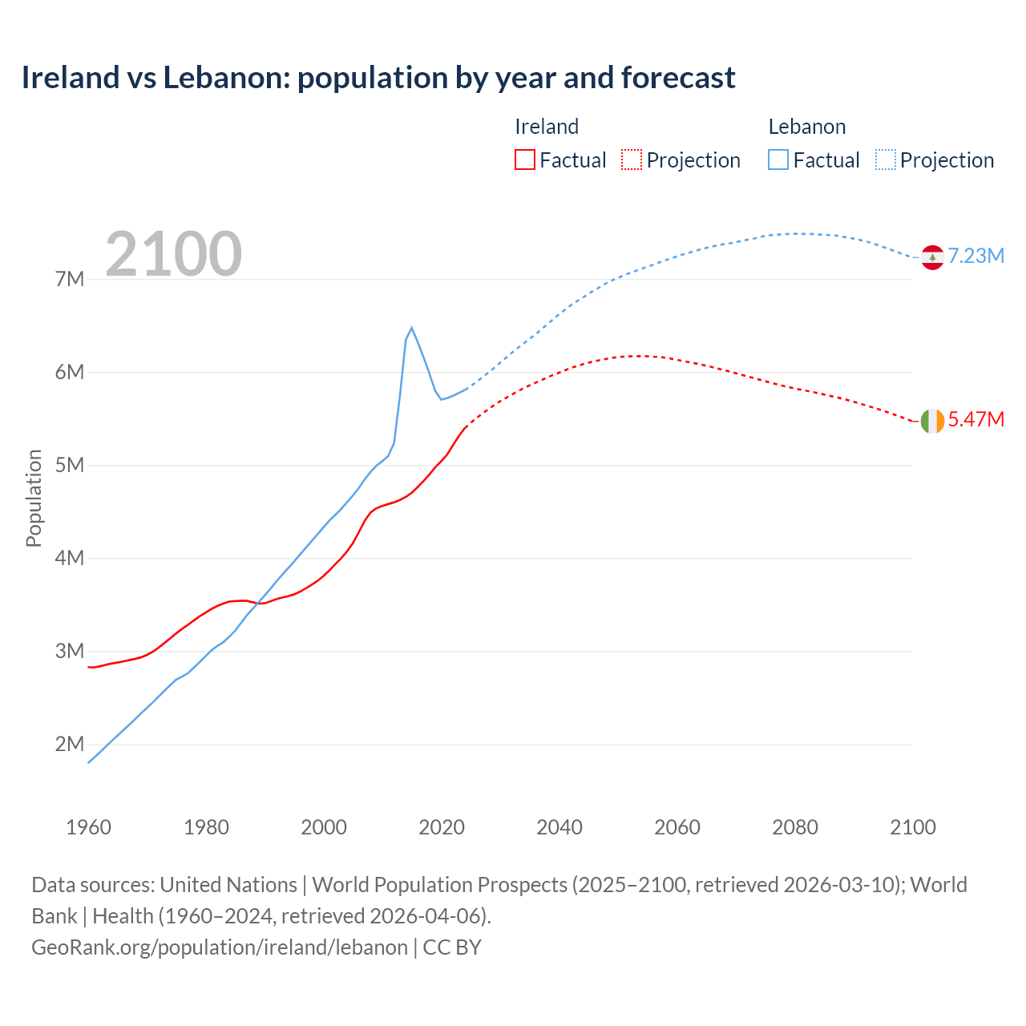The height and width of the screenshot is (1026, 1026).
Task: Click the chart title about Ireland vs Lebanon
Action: click(378, 78)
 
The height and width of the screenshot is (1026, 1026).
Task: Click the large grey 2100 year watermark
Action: click(173, 254)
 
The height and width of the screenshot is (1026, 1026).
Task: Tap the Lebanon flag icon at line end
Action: click(931, 257)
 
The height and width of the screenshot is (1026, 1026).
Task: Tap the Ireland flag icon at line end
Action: click(931, 421)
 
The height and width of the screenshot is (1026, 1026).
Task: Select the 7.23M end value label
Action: click(976, 256)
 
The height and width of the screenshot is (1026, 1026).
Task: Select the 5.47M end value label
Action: click(976, 420)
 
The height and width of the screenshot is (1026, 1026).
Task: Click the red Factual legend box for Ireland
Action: click(524, 160)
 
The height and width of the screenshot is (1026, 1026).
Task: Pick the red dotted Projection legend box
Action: click(632, 160)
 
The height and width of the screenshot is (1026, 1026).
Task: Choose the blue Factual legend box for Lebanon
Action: click(778, 160)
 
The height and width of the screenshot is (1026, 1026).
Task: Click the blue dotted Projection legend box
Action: click(885, 160)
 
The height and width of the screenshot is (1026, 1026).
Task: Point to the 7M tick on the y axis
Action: click(70, 280)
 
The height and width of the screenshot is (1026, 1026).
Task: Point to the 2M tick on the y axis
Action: click(70, 745)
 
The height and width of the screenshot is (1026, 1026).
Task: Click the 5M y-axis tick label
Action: click(70, 466)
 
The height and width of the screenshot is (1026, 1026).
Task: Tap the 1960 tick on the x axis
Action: click(88, 828)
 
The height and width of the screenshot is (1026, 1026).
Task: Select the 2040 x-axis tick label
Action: click(559, 828)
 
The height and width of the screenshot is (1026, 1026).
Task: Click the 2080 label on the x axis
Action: click(795, 828)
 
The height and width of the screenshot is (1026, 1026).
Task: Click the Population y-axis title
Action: click(34, 498)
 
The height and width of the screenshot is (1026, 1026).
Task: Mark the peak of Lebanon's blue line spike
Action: click(412, 328)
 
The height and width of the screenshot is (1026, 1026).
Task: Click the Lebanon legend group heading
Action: click(806, 127)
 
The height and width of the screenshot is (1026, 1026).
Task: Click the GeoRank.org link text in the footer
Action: click(220, 947)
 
